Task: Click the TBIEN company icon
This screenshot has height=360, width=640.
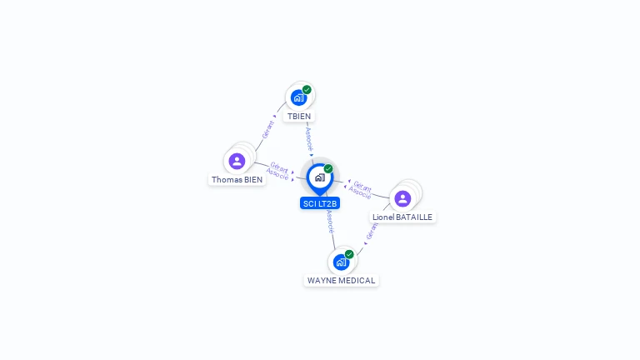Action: point(298,98)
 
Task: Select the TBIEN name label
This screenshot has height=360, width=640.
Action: point(298,117)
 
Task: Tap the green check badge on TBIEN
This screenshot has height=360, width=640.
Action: point(307,90)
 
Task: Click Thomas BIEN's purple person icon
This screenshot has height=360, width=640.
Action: point(237,161)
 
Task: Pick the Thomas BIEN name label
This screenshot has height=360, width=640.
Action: point(237,179)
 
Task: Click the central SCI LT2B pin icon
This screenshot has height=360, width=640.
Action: point(319,177)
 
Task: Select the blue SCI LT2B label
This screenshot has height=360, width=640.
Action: point(320,203)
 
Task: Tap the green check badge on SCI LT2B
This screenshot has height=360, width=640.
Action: point(328,169)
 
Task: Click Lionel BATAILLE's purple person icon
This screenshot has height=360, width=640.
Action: point(402,198)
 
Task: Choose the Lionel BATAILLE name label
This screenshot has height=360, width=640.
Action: point(402,217)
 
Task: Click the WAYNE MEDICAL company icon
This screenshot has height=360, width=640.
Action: point(341,262)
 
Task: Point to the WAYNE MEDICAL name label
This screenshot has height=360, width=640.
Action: point(341,281)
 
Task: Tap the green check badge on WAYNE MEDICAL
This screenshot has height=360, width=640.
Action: point(349,254)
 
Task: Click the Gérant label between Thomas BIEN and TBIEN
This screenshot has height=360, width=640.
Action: point(268,129)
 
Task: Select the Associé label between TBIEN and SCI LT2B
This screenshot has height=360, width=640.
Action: point(309,137)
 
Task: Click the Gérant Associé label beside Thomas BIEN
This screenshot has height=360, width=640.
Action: point(278,172)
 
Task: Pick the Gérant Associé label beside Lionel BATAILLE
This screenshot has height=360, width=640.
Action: point(361,189)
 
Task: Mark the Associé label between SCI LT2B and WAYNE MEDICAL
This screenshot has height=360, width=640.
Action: point(330,221)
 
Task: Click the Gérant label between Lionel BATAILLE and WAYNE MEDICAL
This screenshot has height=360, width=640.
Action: point(372,231)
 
